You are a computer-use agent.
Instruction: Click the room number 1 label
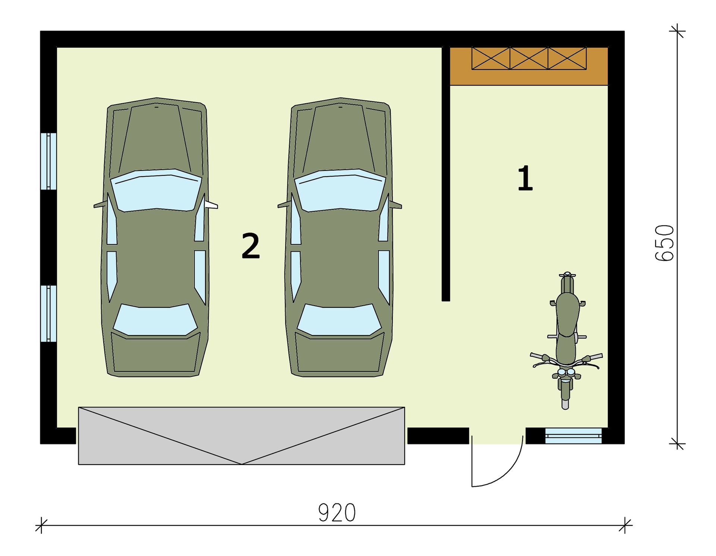pyautogui.click(x=525, y=178)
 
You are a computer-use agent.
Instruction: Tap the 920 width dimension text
pyautogui.click(x=337, y=513)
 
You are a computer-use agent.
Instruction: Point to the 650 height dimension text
pyautogui.click(x=665, y=243)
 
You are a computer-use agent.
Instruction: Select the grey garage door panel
pyautogui.click(x=241, y=435)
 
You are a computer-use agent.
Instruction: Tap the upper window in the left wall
pyautogui.click(x=48, y=161)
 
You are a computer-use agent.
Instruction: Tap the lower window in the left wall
pyautogui.click(x=48, y=313)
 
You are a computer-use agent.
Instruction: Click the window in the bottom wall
pyautogui.click(x=573, y=436)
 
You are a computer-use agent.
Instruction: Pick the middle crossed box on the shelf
pyautogui.click(x=529, y=58)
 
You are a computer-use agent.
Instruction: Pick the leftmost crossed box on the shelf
pyautogui.click(x=491, y=58)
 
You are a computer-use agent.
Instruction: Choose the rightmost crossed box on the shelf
pyautogui.click(x=567, y=58)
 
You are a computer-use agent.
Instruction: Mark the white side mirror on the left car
pyautogui.click(x=211, y=204)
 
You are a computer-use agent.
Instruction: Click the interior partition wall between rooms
pyautogui.click(x=446, y=174)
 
